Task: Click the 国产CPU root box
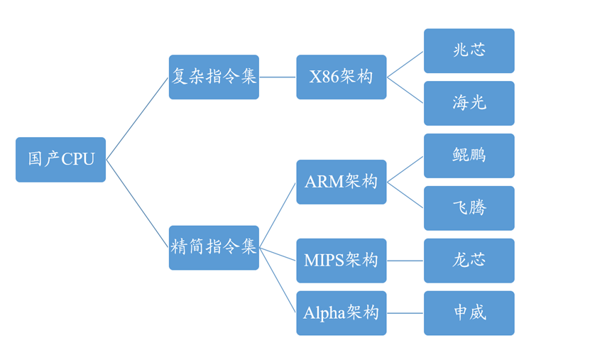coord(60,160)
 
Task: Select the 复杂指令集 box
coord(214,77)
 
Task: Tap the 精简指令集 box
coord(214,247)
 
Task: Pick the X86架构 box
coord(341,77)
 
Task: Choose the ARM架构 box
coord(341,182)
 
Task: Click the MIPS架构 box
coord(341,261)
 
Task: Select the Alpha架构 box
coord(341,313)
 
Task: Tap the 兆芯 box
coord(469,50)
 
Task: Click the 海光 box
coord(469,103)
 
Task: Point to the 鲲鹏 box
coord(469,156)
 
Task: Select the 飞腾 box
coord(469,208)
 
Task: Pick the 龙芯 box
coord(469,261)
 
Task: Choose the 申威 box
coord(469,313)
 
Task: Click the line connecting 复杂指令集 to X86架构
coord(278,77)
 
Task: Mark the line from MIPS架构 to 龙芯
coord(405,261)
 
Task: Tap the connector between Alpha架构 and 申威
coord(405,313)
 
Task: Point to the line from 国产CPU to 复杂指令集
coord(137,119)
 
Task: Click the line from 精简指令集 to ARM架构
coord(278,215)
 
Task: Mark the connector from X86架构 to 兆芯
coord(405,64)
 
